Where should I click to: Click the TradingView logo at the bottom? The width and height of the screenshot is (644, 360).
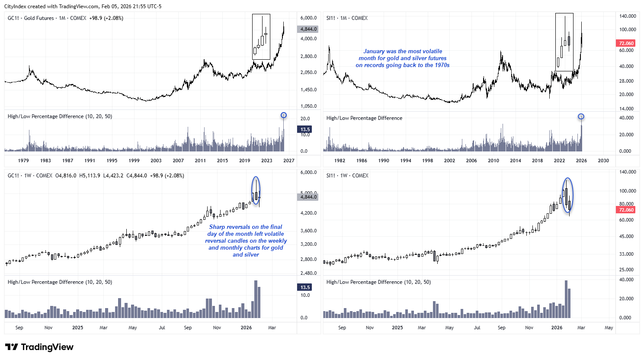[39, 347]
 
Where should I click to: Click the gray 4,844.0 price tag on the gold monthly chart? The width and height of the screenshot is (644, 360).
[308, 29]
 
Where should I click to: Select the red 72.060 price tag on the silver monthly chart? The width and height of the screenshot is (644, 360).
[626, 43]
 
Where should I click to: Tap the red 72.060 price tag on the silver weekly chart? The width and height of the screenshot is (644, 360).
[626, 210]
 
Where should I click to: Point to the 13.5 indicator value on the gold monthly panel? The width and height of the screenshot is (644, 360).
[305, 129]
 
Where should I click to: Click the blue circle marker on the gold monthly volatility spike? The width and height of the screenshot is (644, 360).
[283, 115]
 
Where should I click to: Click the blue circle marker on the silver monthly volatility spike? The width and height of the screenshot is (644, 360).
[581, 116]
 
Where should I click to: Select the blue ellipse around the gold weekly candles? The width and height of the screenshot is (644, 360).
[256, 190]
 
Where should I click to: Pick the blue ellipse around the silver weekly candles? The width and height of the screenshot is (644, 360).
[568, 195]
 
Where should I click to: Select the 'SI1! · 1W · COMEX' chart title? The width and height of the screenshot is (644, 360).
[347, 176]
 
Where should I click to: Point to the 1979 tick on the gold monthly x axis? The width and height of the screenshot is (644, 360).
[23, 161]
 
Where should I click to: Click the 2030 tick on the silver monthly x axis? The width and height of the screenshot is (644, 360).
[603, 161]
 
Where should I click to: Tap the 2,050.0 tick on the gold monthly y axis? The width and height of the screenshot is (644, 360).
[308, 72]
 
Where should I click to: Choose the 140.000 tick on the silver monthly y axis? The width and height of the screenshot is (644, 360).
[627, 16]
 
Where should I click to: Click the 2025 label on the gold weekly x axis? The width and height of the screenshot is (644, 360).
[77, 328]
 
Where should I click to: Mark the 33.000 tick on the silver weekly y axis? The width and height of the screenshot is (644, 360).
[627, 254]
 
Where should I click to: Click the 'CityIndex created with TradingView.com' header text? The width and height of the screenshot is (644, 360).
[83, 6]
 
